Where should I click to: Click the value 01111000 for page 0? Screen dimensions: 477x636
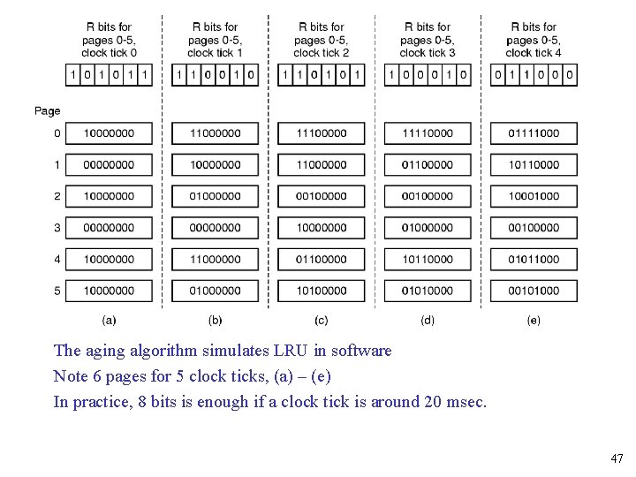tap(533, 133)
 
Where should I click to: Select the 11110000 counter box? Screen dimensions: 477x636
tap(427, 133)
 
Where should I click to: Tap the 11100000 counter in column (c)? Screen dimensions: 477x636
tap(321, 133)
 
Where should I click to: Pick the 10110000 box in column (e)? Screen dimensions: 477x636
tap(533, 165)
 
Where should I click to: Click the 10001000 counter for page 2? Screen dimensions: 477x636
tap(533, 196)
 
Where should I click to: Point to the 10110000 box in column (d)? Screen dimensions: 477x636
tap(427, 260)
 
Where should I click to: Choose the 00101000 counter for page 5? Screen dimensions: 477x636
tap(533, 291)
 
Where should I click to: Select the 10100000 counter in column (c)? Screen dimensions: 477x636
tap(321, 291)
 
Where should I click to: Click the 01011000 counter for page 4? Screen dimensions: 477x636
tap(533, 260)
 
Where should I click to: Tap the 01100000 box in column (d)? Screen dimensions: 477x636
tap(427, 165)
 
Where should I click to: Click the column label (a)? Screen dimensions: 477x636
tap(109, 320)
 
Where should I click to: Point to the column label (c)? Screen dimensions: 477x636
tap(321, 320)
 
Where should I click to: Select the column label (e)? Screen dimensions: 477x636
tap(533, 320)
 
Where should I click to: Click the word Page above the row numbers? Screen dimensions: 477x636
tap(48, 110)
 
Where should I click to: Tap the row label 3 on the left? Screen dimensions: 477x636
tap(57, 228)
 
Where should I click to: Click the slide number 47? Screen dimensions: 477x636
tap(616, 458)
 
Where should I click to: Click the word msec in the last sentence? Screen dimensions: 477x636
tap(466, 402)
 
